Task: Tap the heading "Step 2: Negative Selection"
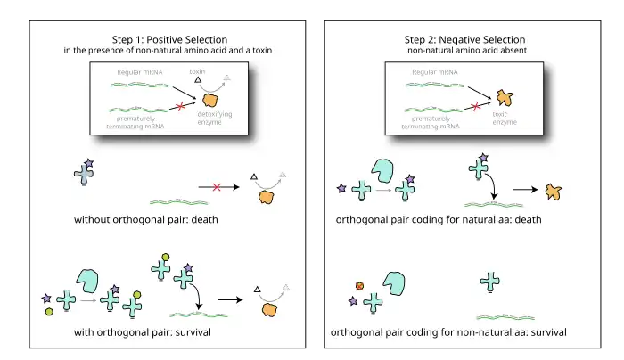pos(464,39)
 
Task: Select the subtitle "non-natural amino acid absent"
pos(464,51)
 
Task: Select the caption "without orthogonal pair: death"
pos(147,219)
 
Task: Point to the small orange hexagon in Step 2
pos(359,286)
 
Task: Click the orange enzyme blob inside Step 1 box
pos(213,100)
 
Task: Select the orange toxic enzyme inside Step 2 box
pos(505,97)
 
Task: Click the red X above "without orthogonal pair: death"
pos(216,187)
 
